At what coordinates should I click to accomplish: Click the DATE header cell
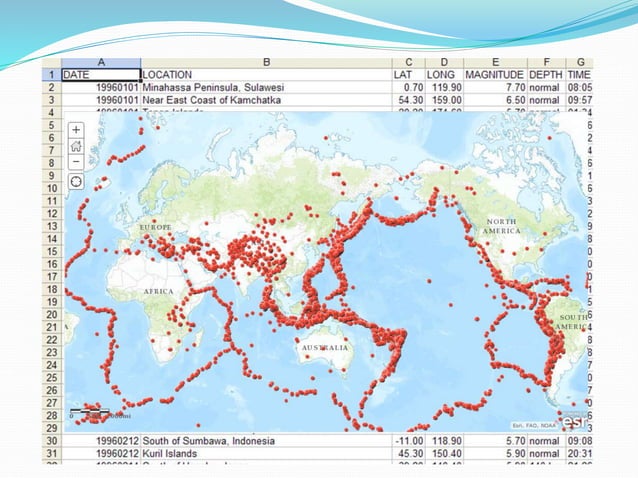coord(100,74)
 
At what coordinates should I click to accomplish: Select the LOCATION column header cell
coord(265,74)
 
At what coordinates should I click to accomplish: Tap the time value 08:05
coord(578,87)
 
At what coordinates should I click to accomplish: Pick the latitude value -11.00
coord(405,440)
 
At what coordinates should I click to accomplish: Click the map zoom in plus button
coord(77,130)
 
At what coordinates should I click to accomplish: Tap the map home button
coord(77,146)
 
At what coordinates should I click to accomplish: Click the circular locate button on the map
coord(77,182)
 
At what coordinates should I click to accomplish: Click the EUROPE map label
coord(158,227)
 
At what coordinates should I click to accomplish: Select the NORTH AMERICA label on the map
coord(503,225)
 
